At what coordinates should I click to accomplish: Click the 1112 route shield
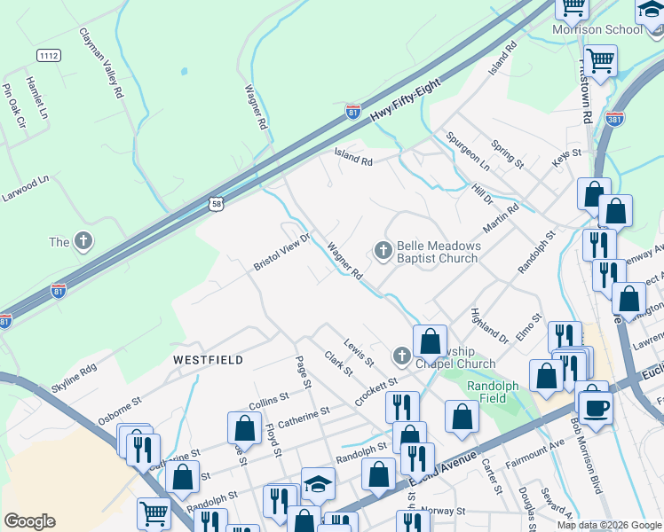tap(49, 56)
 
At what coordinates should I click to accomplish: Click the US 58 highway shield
tap(217, 204)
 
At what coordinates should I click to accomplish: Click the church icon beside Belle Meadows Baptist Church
tap(383, 252)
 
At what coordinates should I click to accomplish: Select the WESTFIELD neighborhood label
tap(209, 360)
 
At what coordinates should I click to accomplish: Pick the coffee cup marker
tap(597, 406)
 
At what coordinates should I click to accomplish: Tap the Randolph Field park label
tap(487, 392)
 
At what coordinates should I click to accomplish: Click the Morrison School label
tap(597, 30)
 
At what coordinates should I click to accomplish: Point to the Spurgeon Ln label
tap(468, 152)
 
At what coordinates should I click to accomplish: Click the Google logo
tap(30, 521)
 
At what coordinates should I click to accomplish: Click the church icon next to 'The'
tap(83, 242)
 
